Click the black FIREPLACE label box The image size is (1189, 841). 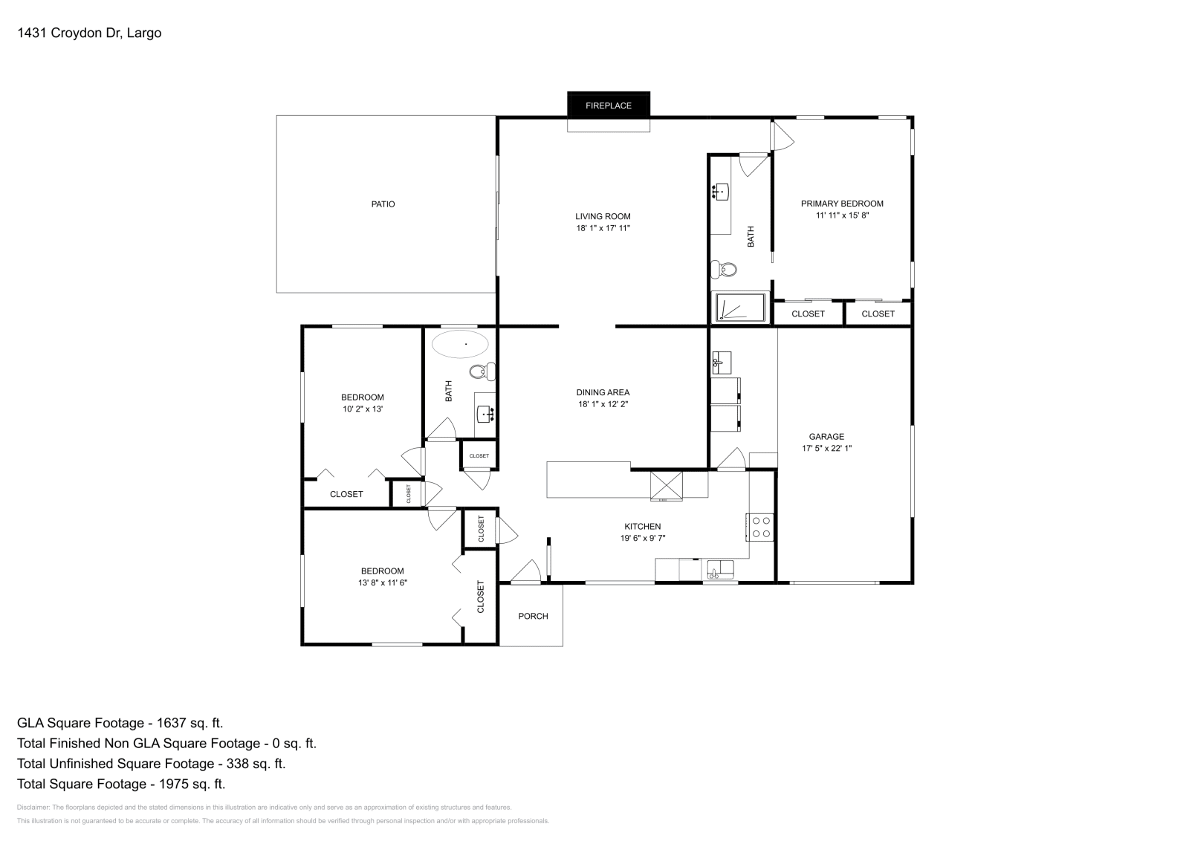click(608, 105)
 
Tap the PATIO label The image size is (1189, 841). click(383, 204)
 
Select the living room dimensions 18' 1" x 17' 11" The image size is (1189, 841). click(603, 228)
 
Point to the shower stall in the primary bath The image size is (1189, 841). click(739, 308)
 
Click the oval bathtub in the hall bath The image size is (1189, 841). click(461, 344)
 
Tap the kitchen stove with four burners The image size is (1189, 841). click(760, 527)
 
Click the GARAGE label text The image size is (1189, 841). click(826, 437)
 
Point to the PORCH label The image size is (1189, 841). click(533, 616)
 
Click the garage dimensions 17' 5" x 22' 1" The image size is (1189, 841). click(826, 448)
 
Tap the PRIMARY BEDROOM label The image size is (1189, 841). click(842, 204)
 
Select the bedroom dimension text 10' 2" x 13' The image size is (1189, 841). click(362, 409)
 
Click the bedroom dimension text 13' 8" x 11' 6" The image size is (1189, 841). click(382, 583)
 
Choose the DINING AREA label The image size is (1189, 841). click(603, 392)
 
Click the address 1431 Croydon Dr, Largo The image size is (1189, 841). click(89, 33)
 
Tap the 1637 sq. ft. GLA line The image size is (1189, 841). click(120, 722)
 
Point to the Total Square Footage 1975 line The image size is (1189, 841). click(120, 783)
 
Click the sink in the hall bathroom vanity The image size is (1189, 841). click(486, 413)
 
